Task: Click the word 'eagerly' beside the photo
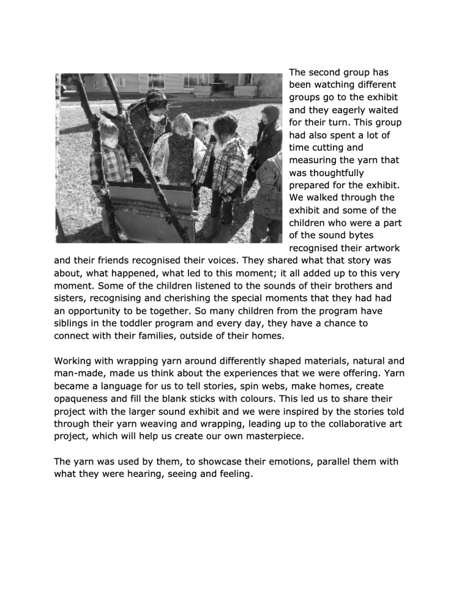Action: tap(330, 111)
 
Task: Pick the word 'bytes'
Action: tap(380, 235)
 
